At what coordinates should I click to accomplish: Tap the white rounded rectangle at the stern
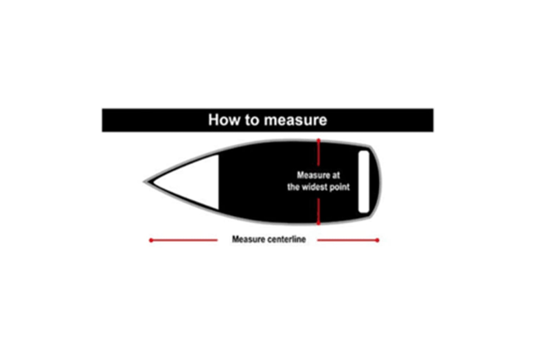364,182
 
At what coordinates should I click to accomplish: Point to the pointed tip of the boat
145,182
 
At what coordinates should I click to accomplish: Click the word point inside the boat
339,187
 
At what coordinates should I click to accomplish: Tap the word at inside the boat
336,175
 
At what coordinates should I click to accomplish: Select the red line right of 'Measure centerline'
347,240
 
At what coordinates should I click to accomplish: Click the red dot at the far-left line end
151,240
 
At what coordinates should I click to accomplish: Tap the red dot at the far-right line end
377,240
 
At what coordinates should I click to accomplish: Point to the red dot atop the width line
319,140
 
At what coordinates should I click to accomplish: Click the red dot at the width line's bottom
319,224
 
